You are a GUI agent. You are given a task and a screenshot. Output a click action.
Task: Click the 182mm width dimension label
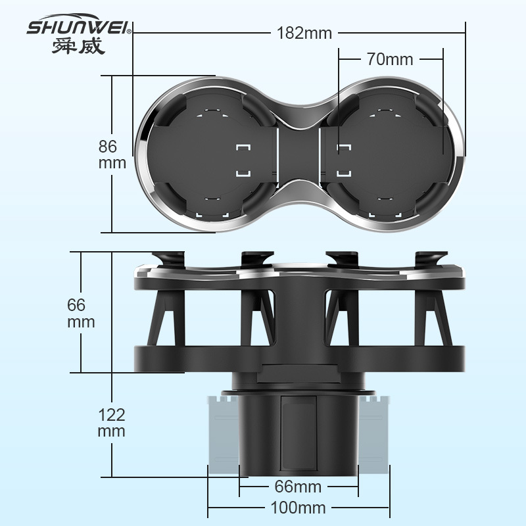[304, 34]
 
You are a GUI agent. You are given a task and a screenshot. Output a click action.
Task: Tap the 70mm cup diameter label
[390, 59]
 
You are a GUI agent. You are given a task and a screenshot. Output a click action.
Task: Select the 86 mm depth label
[112, 155]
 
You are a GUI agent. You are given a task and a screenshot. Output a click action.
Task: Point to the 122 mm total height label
[111, 423]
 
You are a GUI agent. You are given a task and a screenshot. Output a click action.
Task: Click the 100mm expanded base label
[298, 508]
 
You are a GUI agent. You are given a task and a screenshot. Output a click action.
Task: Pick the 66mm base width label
[298, 487]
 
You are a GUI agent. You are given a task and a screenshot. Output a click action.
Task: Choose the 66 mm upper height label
[81, 314]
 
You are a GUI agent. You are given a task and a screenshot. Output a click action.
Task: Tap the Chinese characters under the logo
[78, 46]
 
